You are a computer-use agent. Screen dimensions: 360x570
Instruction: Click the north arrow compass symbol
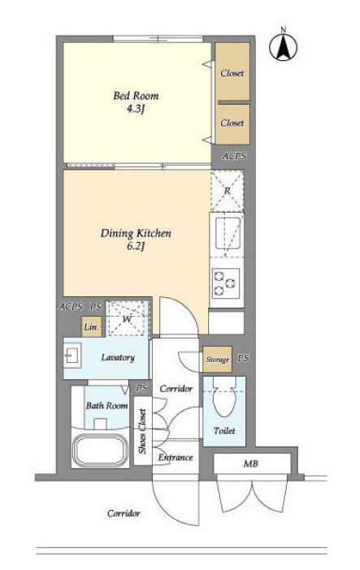coord(283,46)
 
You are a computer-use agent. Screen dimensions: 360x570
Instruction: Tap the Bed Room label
coord(136,96)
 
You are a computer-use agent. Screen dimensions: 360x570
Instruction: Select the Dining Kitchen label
coord(136,233)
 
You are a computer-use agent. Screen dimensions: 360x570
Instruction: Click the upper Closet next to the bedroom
coord(232,71)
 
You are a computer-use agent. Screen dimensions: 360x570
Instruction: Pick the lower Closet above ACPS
coord(232,124)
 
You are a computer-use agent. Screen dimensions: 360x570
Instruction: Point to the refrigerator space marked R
coord(228,191)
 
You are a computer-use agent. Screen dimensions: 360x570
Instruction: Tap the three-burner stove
coord(226,283)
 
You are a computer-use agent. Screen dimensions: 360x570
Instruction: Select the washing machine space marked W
coord(127,319)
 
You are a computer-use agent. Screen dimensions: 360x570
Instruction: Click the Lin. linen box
coord(91,326)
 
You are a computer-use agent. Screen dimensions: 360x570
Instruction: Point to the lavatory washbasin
coord(72,355)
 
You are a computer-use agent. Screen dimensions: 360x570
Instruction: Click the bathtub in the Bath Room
coord(100,449)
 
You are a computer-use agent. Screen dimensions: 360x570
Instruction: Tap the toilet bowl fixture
coord(224,398)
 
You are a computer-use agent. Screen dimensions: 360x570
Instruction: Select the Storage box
coord(217,360)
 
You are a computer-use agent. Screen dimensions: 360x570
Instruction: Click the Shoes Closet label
coord(142,431)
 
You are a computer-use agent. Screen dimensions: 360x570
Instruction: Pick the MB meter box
coord(252,464)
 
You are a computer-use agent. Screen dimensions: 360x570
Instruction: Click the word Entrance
coord(175,457)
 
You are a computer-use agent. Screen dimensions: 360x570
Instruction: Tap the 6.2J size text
coord(136,247)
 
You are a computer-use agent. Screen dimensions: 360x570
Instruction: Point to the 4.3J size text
coord(136,109)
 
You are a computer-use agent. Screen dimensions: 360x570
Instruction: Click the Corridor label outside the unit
coord(124,513)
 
